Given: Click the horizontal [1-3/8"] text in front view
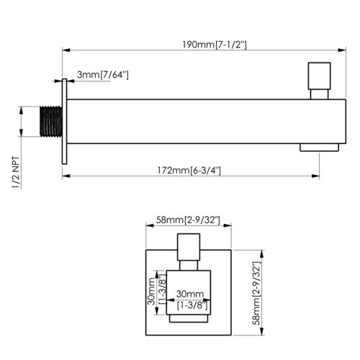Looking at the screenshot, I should tap(189, 306).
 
